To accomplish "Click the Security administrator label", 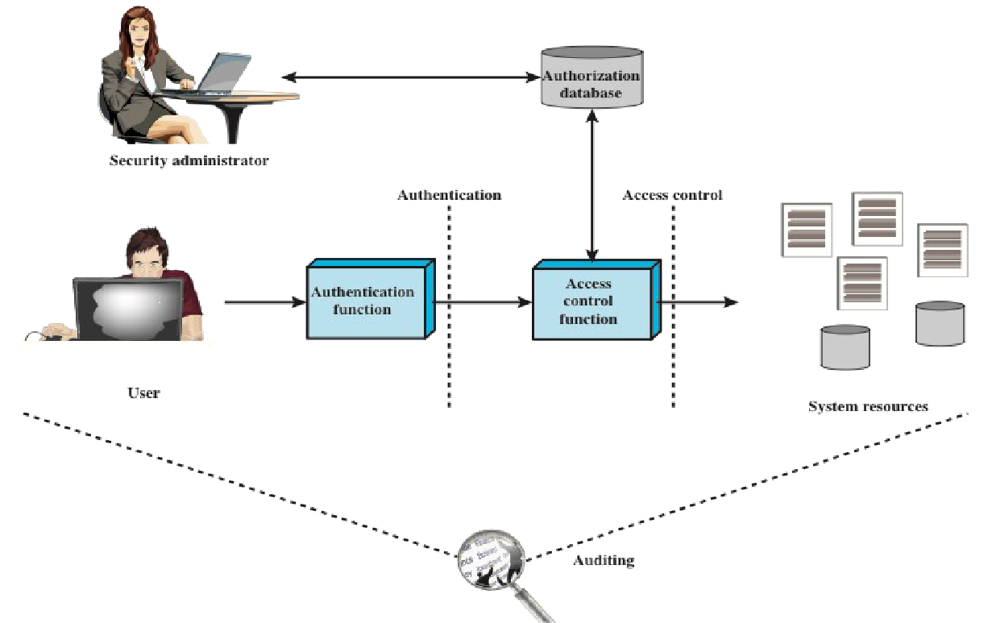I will [189, 160].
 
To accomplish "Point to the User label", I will [143, 393].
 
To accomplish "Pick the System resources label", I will [868, 406].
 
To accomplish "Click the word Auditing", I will [604, 560].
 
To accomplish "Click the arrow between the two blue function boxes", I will [482, 302].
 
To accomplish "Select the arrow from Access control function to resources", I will [698, 302].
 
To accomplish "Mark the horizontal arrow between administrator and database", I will [410, 77].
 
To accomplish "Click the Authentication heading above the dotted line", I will [449, 195].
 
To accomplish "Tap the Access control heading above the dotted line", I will [672, 195].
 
